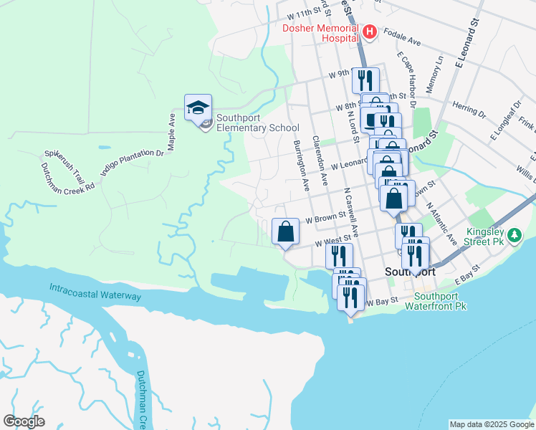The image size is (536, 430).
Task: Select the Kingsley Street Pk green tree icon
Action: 513,235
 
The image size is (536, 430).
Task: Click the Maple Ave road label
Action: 172,130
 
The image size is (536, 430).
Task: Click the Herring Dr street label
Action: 469,110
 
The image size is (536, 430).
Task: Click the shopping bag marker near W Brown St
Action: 285,232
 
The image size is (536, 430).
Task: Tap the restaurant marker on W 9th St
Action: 366,80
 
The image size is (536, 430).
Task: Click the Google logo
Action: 24,421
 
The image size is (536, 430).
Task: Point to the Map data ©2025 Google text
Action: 491,424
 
